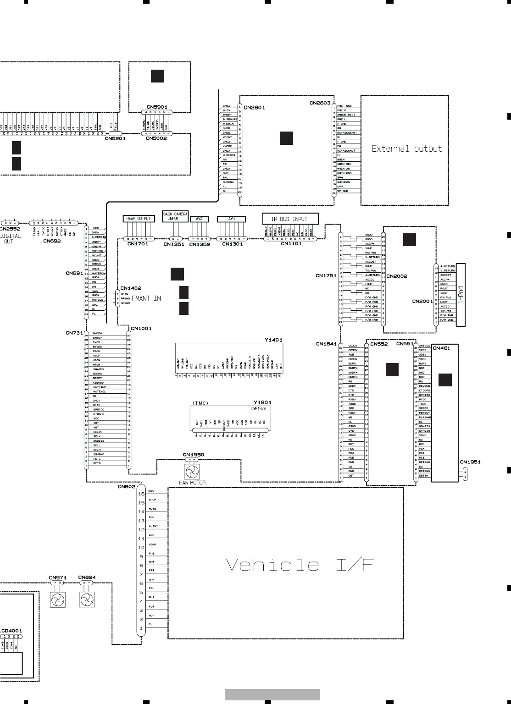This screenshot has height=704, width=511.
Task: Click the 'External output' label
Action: tap(406, 149)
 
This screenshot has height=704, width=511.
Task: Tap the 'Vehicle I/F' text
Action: tap(300, 565)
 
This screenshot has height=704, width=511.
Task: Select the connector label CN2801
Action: tap(254, 108)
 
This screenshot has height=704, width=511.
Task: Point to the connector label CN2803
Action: tap(320, 104)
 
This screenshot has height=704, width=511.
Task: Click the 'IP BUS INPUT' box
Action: tap(290, 219)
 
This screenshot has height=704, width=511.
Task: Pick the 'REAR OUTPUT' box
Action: tap(138, 219)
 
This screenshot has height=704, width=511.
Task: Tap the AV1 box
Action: tap(232, 219)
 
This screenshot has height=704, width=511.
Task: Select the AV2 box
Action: tap(199, 219)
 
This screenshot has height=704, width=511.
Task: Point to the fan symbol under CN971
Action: tap(57, 599)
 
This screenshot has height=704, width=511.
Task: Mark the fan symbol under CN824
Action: tap(87, 599)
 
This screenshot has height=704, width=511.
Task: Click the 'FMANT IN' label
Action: tap(146, 298)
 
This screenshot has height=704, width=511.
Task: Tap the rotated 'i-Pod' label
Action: tap(461, 295)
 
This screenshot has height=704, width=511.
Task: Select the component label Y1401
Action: tap(273, 340)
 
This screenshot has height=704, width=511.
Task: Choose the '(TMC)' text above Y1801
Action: tap(200, 403)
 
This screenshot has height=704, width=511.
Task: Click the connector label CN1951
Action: tap(470, 462)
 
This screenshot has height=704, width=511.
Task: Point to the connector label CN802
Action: tap(126, 487)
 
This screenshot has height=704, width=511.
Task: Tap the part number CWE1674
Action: tap(258, 408)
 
